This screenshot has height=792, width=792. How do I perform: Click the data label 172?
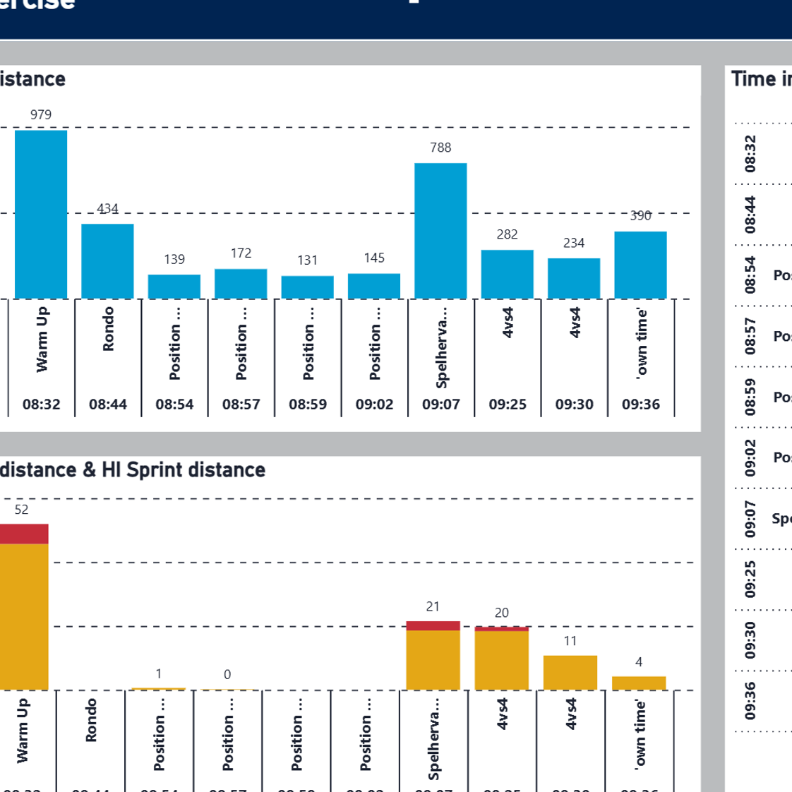click(x=241, y=253)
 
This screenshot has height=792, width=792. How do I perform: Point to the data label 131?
click(x=307, y=260)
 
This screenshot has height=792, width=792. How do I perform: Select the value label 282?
click(x=507, y=234)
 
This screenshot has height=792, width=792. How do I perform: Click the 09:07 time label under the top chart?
click(x=440, y=404)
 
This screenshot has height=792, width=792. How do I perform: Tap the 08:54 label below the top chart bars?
click(x=174, y=404)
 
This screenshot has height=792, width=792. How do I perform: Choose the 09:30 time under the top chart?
click(x=574, y=404)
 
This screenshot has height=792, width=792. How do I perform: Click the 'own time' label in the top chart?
click(x=641, y=343)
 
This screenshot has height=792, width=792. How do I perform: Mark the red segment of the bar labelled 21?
click(x=433, y=625)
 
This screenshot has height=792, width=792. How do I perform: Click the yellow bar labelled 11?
click(x=570, y=673)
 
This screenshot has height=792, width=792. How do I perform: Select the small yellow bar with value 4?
click(x=638, y=683)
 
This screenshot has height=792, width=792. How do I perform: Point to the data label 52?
click(x=21, y=510)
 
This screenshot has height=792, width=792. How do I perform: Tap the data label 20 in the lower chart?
click(x=501, y=613)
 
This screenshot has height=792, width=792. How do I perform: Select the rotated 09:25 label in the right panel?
click(x=750, y=578)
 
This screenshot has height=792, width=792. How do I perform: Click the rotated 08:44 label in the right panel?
click(x=750, y=214)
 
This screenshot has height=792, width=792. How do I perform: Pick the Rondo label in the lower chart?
click(x=91, y=720)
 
